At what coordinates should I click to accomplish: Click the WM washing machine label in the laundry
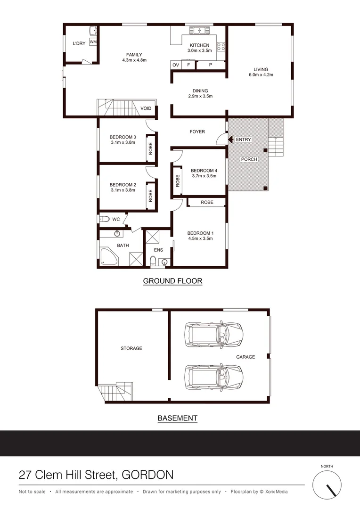pos(93,42)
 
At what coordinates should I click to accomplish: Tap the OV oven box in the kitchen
pos(175,65)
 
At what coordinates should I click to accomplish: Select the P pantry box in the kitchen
pos(210,65)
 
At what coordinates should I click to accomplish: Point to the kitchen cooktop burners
pos(221,46)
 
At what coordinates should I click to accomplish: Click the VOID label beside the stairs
pos(146,108)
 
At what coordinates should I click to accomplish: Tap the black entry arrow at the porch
pos(231,140)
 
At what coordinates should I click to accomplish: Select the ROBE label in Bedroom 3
pos(151,149)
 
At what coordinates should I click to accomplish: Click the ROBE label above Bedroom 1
pos(207,202)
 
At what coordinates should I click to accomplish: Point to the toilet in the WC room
pos(104,219)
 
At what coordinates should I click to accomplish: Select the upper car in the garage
pos(213,333)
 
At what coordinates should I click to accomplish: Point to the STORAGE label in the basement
pos(131,348)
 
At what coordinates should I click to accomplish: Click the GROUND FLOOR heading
pos(172,281)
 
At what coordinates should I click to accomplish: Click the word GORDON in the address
pos(147,475)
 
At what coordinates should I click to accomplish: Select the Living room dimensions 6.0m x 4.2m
pos(261,74)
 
